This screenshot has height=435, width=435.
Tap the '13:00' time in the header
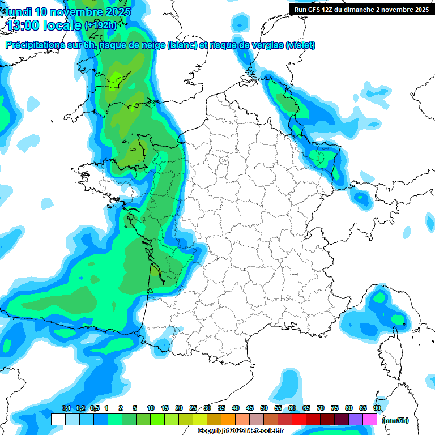23,24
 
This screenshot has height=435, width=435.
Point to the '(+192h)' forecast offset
101,25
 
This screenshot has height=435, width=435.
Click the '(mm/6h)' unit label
395,420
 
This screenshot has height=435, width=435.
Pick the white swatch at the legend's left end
58,420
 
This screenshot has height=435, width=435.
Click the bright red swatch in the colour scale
299,420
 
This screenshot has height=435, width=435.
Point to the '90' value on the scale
377,408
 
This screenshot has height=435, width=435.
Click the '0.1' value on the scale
66,408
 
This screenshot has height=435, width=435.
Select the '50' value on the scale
264,408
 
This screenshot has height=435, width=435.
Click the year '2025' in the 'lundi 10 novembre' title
116,12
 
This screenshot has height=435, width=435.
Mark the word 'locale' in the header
61,24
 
